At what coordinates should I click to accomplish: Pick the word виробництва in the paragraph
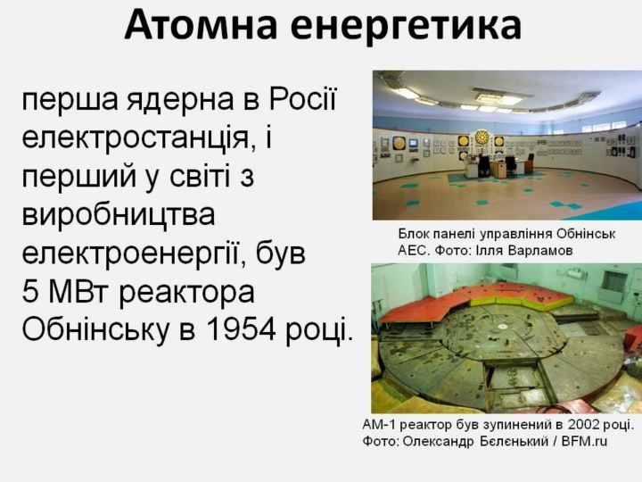tap(119, 214)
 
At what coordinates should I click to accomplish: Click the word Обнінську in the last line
tap(95, 330)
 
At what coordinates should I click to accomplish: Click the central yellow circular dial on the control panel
tap(481, 137)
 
